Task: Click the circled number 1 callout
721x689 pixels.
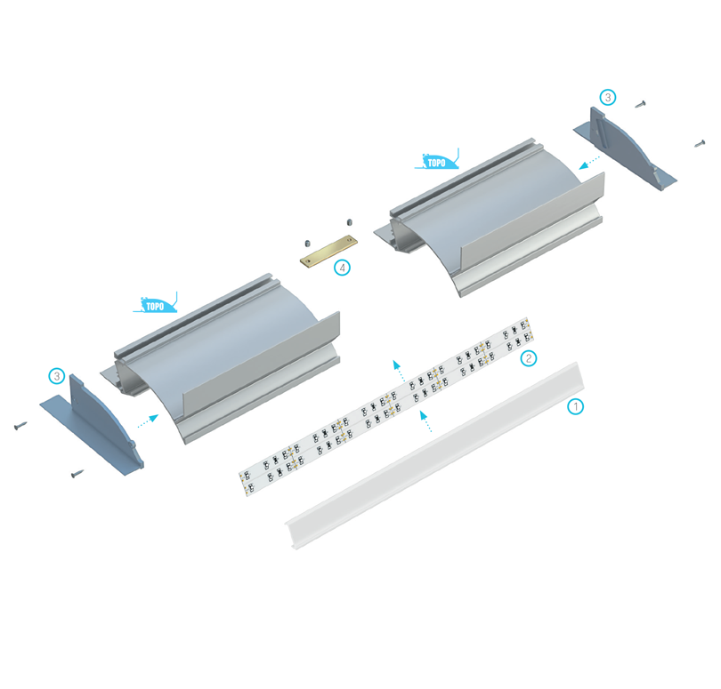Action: pyautogui.click(x=575, y=406)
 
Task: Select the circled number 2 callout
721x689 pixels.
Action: pyautogui.click(x=529, y=357)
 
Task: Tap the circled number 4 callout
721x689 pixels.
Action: pyautogui.click(x=342, y=268)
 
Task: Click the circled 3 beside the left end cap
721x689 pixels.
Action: pyautogui.click(x=57, y=377)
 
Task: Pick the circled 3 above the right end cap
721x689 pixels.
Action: pyautogui.click(x=608, y=98)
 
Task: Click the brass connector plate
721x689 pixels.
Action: pyautogui.click(x=328, y=251)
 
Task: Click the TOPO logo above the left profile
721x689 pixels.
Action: pyautogui.click(x=156, y=304)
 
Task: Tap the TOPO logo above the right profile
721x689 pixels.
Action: pyautogui.click(x=437, y=161)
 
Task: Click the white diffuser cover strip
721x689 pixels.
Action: pyautogui.click(x=434, y=455)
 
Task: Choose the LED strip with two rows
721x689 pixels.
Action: pyautogui.click(x=386, y=406)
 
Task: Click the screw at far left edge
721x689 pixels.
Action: pyautogui.click(x=20, y=426)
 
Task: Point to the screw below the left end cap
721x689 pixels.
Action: pyautogui.click(x=77, y=473)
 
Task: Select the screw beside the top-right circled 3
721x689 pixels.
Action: pyautogui.click(x=641, y=104)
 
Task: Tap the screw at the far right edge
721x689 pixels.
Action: pyautogui.click(x=700, y=143)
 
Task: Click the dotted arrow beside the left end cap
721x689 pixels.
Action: pyautogui.click(x=148, y=421)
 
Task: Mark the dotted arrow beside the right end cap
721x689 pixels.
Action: pyautogui.click(x=589, y=163)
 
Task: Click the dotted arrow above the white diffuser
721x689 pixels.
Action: pyautogui.click(x=425, y=421)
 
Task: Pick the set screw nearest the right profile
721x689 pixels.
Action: pyautogui.click(x=350, y=223)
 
